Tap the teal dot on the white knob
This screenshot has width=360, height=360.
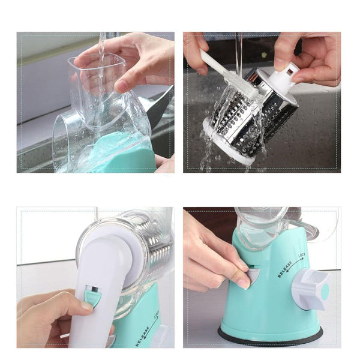point(325,292)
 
